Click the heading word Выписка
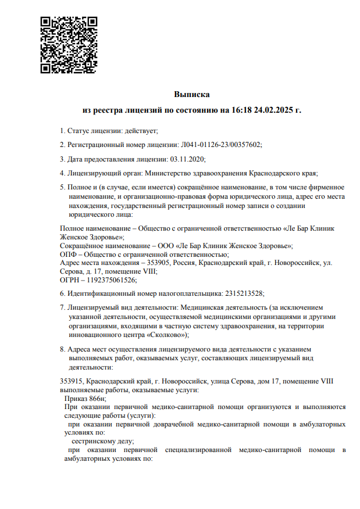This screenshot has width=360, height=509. click(x=191, y=94)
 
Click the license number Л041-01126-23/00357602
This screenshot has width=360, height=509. click(x=222, y=145)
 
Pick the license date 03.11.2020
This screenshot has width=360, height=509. click(x=187, y=159)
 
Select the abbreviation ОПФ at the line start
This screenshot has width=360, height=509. click(x=68, y=254)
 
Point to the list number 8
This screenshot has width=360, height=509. click(x=62, y=350)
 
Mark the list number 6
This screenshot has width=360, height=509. click(x=62, y=293)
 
